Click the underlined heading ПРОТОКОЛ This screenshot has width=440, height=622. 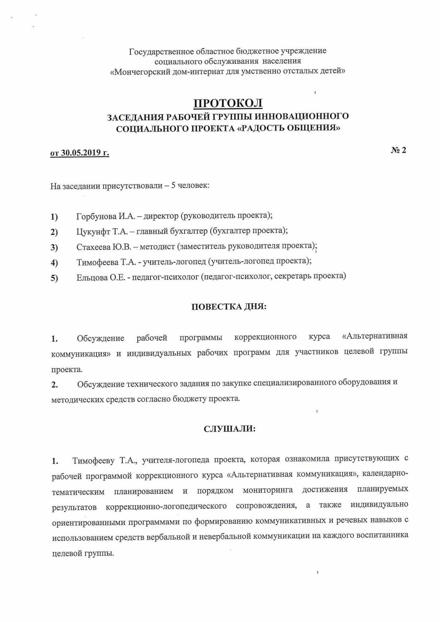click(x=228, y=103)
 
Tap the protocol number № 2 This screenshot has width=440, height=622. click(x=399, y=150)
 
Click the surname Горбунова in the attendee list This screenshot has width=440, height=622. click(x=96, y=216)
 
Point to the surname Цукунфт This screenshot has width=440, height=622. click(x=93, y=231)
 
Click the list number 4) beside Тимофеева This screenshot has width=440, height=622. click(x=54, y=262)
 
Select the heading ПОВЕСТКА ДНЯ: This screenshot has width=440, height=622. click(x=229, y=307)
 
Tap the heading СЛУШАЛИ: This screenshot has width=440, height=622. click(x=229, y=429)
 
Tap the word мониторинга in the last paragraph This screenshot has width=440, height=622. click(x=268, y=490)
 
